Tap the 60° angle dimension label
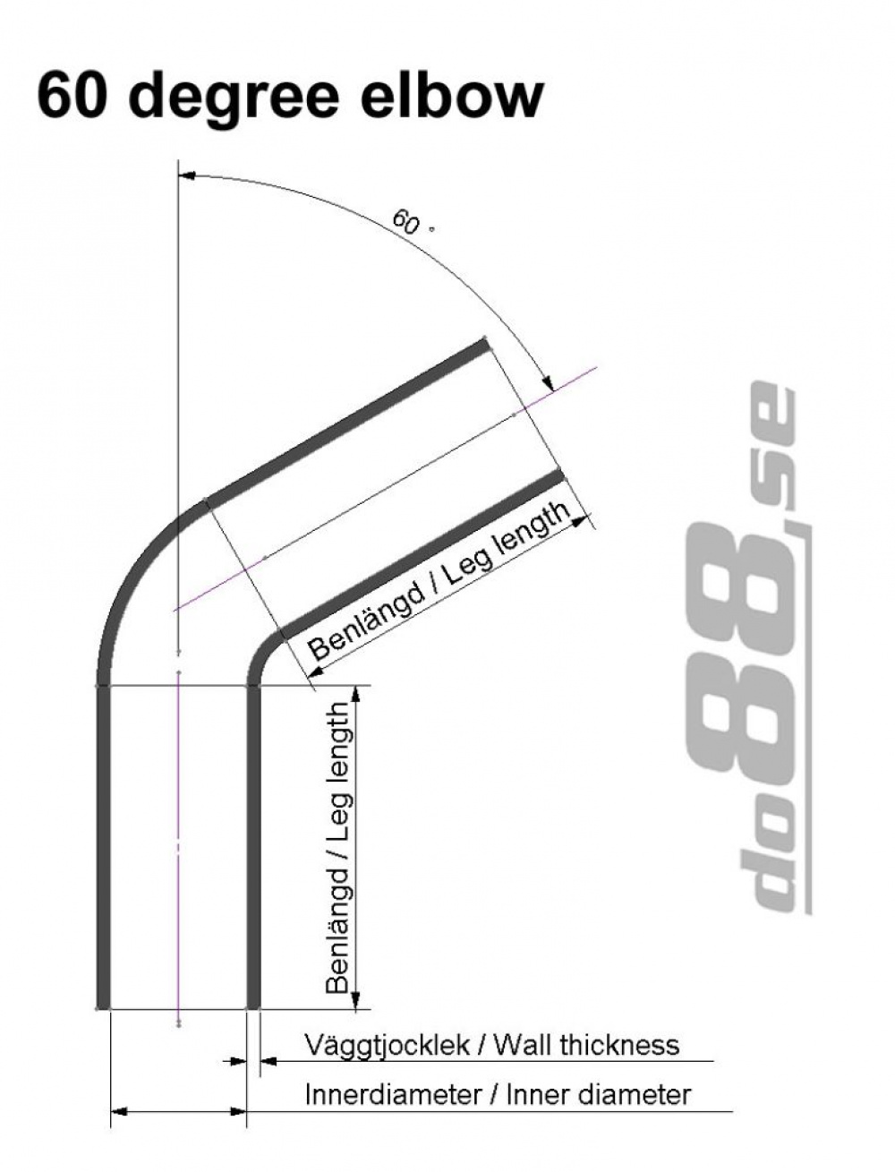point(406,221)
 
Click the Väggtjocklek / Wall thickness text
point(491,1044)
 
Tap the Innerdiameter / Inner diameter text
point(498,1094)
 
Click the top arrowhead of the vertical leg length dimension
point(356,695)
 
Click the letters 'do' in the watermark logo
point(770,851)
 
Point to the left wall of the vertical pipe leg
point(102,846)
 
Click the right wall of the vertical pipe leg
point(253,846)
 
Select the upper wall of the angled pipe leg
point(349,420)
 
